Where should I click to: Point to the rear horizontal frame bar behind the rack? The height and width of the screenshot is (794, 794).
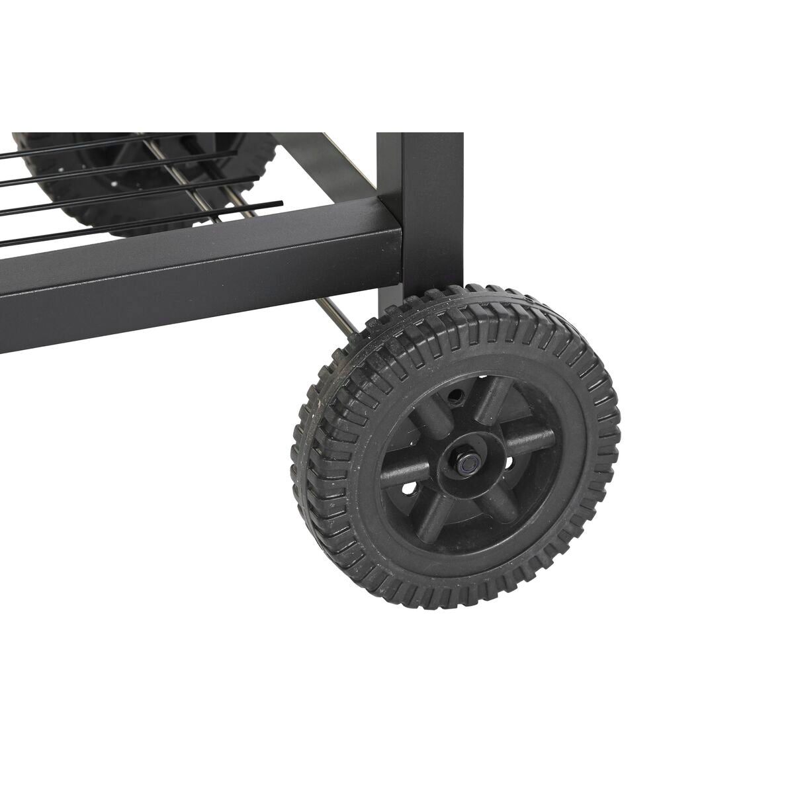point(318,159)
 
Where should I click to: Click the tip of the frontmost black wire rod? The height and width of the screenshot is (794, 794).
point(281,203)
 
